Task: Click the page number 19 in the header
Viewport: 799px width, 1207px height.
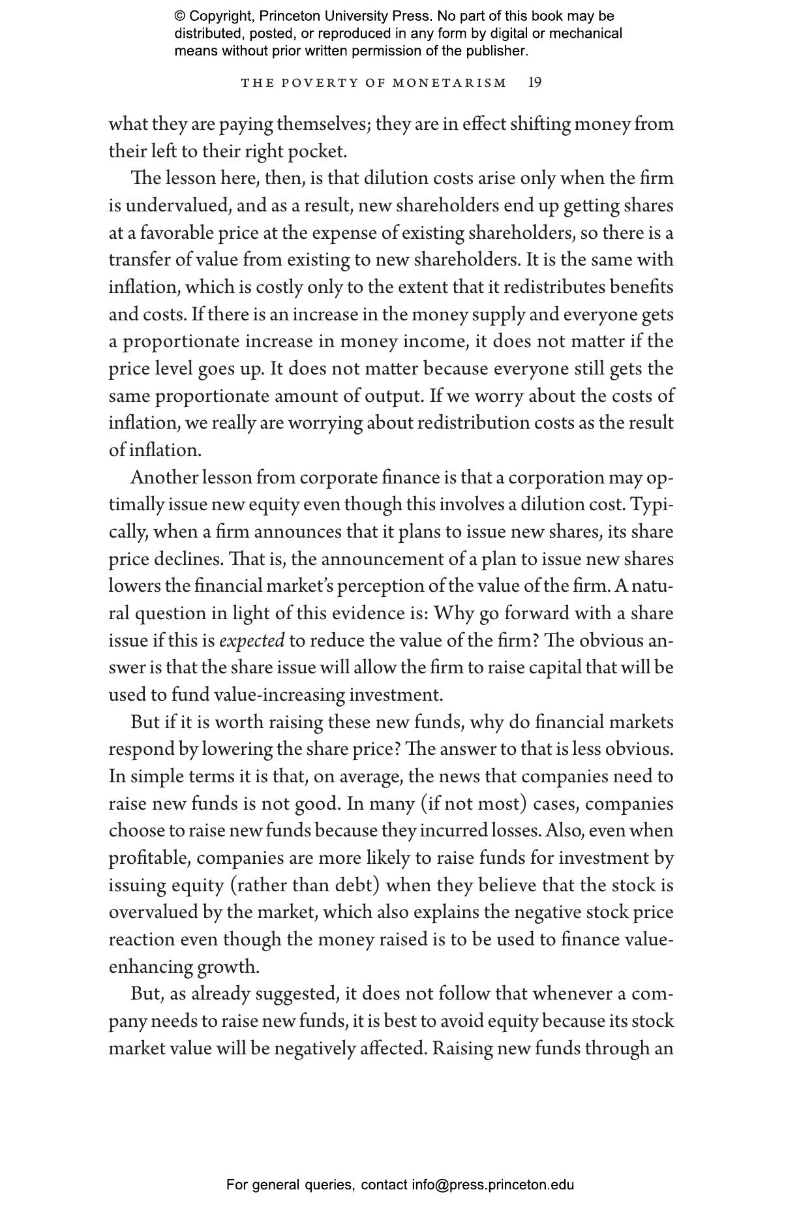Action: (534, 82)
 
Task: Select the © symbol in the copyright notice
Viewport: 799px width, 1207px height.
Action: (179, 16)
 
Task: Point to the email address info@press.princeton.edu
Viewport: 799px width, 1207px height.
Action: (492, 1185)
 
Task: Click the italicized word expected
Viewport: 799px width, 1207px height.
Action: (252, 641)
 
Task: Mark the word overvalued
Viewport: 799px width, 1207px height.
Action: (153, 912)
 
